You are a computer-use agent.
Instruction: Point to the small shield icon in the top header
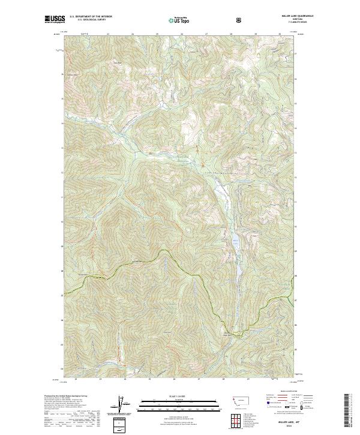pos(240,20)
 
